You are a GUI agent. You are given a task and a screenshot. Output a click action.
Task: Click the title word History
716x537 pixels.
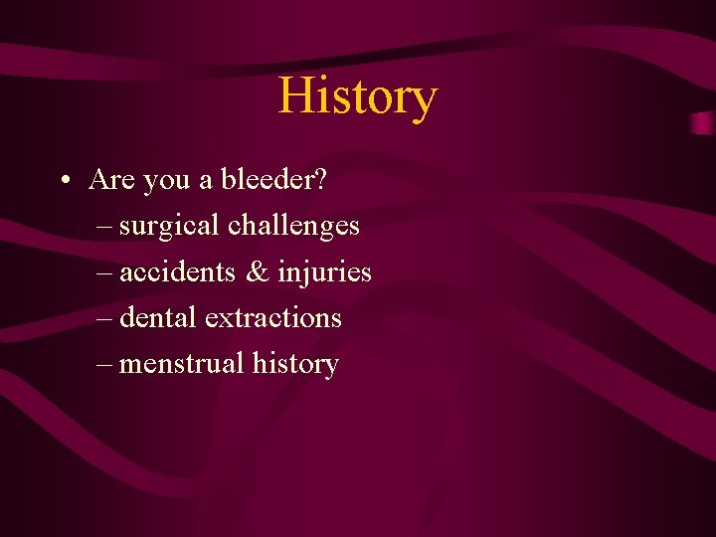pyautogui.click(x=357, y=97)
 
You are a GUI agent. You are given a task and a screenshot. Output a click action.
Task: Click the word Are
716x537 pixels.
pyautogui.click(x=112, y=179)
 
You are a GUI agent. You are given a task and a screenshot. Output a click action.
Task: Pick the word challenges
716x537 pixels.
pyautogui.click(x=293, y=226)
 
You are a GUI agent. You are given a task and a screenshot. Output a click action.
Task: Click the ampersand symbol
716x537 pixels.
pyautogui.click(x=259, y=271)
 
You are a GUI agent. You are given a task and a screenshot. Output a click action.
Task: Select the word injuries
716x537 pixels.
pyautogui.click(x=324, y=272)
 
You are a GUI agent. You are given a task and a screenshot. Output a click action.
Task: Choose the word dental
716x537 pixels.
pyautogui.click(x=158, y=317)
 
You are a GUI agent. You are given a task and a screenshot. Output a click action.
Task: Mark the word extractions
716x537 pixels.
pyautogui.click(x=272, y=317)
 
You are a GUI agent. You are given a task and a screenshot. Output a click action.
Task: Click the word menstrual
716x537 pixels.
pyautogui.click(x=182, y=363)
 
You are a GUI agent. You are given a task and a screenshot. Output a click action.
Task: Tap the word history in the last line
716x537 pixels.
pyautogui.click(x=295, y=365)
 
